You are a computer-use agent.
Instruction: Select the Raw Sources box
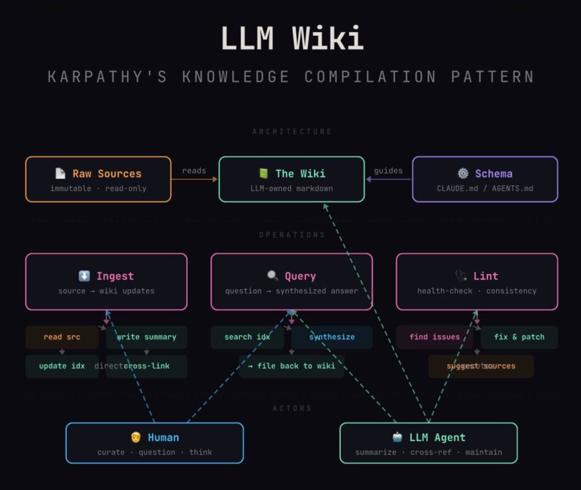pyautogui.click(x=98, y=179)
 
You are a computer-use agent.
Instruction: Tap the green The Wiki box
pyautogui.click(x=292, y=179)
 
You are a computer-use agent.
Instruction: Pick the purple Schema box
pyautogui.click(x=485, y=179)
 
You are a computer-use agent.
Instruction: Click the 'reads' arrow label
pyautogui.click(x=194, y=170)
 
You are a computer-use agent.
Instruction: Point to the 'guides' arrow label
pyautogui.click(x=389, y=170)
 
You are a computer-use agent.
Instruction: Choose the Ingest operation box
pyautogui.click(x=106, y=282)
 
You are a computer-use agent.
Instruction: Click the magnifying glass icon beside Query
pyautogui.click(x=273, y=276)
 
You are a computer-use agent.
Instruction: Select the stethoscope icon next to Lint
pyautogui.click(x=461, y=276)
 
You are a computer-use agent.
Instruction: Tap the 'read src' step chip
pyautogui.click(x=62, y=337)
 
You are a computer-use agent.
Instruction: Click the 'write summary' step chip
pyautogui.click(x=146, y=337)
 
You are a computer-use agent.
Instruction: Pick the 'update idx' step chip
pyautogui.click(x=62, y=366)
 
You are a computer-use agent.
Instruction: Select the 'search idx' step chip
pyautogui.click(x=247, y=337)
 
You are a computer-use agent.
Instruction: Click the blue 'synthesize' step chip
pyautogui.click(x=332, y=337)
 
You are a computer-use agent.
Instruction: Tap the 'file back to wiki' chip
pyautogui.click(x=291, y=366)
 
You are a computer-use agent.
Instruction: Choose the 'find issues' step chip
pyautogui.click(x=435, y=337)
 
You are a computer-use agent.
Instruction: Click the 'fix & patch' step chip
pyautogui.click(x=519, y=337)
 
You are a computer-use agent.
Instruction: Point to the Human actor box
pyautogui.click(x=154, y=443)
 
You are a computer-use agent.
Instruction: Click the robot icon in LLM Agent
pyautogui.click(x=397, y=437)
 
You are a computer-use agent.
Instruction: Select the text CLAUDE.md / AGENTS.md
pyautogui.click(x=485, y=189)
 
